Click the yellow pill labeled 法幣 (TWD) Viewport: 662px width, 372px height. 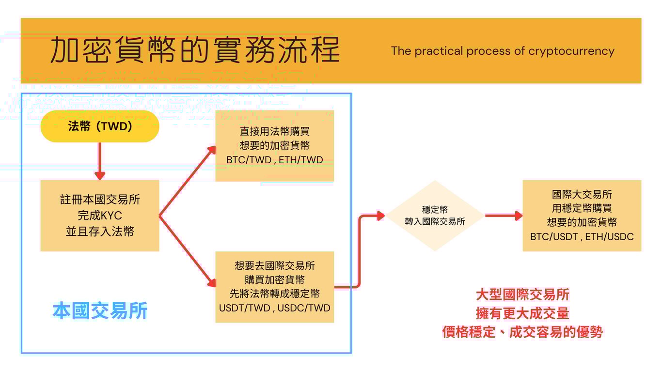pos(100,126)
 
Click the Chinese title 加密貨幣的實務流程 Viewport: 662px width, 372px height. pos(195,50)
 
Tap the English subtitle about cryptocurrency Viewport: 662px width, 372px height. pos(503,51)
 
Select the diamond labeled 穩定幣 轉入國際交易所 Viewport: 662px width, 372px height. pos(435,216)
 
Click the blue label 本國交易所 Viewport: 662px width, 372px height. pos(100,311)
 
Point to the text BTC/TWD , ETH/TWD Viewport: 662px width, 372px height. pos(274,160)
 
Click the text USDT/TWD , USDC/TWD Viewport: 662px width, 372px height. pos(274,308)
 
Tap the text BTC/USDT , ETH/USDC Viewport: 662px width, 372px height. pos(582,236)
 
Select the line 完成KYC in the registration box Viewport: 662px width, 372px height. pos(100,216)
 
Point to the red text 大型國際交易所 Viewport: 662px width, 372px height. pos(522,294)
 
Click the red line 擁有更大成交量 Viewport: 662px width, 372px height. pos(522,313)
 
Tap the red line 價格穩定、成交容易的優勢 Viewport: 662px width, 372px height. pos(522,332)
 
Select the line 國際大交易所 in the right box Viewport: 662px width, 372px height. pos(582,195)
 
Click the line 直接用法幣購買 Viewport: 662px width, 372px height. pos(274,131)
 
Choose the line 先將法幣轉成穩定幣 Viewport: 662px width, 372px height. pos(274,294)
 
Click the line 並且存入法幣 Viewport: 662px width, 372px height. pos(100,232)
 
